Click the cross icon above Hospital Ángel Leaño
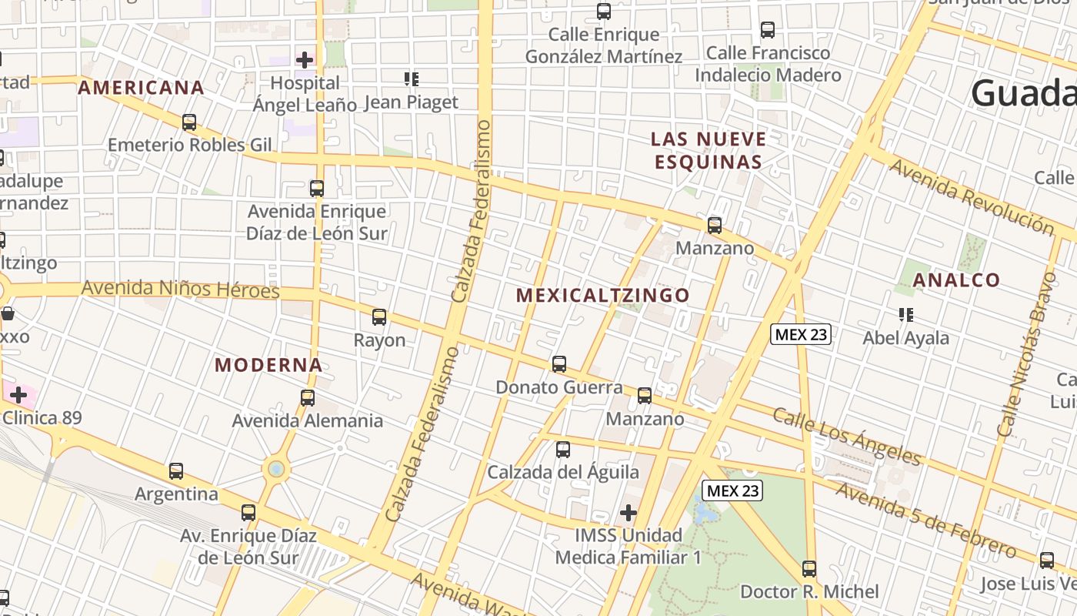[305, 59]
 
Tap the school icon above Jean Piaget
[412, 79]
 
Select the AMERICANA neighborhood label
[142, 88]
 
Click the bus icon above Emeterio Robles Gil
[189, 122]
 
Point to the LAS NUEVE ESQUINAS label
[708, 150]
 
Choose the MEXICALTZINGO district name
[602, 295]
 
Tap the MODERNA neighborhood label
[268, 365]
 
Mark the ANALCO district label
[956, 280]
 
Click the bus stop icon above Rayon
[379, 316]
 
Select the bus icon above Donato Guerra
[559, 363]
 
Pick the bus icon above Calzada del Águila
[563, 449]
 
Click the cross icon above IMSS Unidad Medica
[629, 512]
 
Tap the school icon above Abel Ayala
[906, 314]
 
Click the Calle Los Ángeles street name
[846, 437]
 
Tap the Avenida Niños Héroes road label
[181, 290]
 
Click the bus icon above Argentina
[176, 471]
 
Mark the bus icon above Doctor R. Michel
[809, 569]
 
